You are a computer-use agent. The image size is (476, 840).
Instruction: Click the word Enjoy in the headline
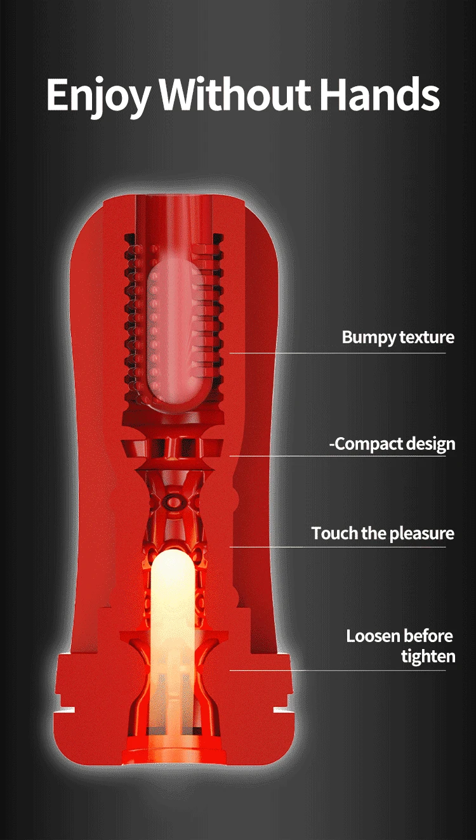click(97, 95)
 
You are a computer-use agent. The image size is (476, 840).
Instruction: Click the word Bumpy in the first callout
click(367, 337)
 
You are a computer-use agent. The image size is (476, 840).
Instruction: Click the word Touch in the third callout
click(334, 533)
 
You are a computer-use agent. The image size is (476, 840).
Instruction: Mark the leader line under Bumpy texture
click(336, 353)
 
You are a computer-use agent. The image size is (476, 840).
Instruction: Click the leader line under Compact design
click(336, 456)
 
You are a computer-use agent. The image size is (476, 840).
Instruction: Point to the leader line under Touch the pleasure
click(336, 547)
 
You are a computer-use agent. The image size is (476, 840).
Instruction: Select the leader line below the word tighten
click(336, 670)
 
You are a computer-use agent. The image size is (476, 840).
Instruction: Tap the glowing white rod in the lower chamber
click(171, 603)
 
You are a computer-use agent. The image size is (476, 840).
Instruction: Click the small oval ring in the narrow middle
click(172, 501)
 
